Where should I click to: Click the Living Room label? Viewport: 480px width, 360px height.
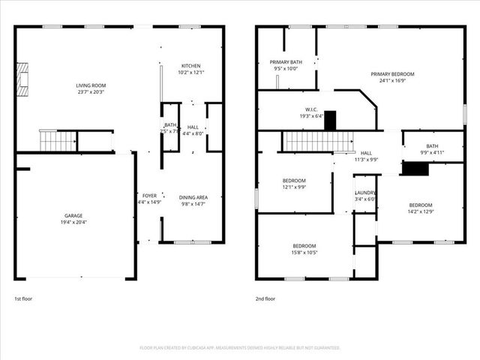(x=90, y=86)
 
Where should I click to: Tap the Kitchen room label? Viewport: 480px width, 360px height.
(x=190, y=66)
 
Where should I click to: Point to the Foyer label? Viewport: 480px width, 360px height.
(x=149, y=196)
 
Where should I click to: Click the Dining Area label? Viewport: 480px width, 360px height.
(x=192, y=197)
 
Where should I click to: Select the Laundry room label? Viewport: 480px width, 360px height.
(x=364, y=193)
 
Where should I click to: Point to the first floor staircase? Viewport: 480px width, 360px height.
(x=58, y=139)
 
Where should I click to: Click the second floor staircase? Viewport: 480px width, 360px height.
(x=316, y=140)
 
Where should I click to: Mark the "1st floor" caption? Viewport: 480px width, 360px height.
(x=24, y=298)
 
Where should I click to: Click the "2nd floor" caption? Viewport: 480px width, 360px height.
(x=265, y=298)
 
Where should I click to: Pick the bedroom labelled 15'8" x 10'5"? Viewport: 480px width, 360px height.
(x=304, y=246)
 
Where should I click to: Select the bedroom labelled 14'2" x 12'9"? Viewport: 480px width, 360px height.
(x=420, y=205)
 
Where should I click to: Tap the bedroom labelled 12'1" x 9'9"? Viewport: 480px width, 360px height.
(x=294, y=181)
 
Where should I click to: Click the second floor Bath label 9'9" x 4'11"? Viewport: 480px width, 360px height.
(x=432, y=146)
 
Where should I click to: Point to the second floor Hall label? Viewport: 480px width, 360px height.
(x=366, y=153)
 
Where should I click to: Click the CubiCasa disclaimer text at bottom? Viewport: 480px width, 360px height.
(x=240, y=348)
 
